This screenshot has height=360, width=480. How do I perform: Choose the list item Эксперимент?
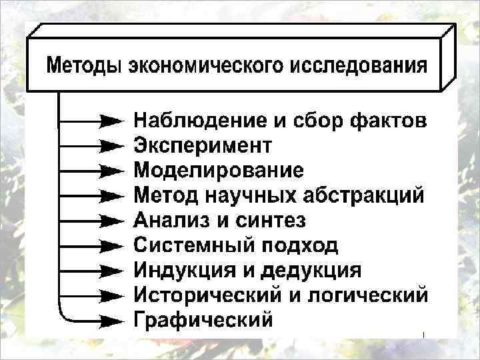(x=203, y=145)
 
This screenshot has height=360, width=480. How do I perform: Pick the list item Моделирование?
(x=219, y=170)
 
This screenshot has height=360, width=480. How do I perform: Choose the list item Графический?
(x=203, y=319)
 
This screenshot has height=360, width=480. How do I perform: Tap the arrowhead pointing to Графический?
(x=111, y=320)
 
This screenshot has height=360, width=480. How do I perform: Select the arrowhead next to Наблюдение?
(x=111, y=121)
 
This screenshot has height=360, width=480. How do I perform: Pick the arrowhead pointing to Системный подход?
(x=111, y=245)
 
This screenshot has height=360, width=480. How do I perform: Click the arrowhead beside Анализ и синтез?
(x=111, y=221)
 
